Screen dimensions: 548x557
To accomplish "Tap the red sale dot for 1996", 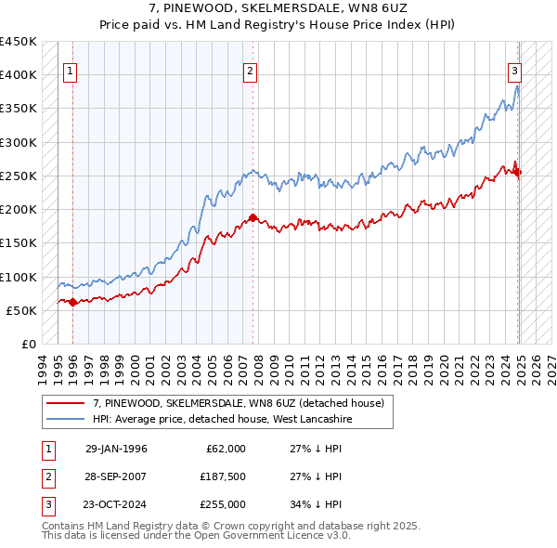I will pyautogui.click(x=73, y=301).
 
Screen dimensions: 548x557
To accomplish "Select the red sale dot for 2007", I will pyautogui.click(x=253, y=217).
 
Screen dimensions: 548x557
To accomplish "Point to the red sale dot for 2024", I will pyautogui.click(x=517, y=172).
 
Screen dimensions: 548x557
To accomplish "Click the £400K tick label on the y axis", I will pyautogui.click(x=19, y=75).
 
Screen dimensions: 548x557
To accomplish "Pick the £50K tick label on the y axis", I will pyautogui.click(x=22, y=310).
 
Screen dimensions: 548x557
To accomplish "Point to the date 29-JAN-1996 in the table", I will pyautogui.click(x=116, y=449).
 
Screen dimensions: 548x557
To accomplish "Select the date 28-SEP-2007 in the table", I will pyautogui.click(x=116, y=476).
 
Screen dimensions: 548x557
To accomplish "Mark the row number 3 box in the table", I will pyautogui.click(x=47, y=504).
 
